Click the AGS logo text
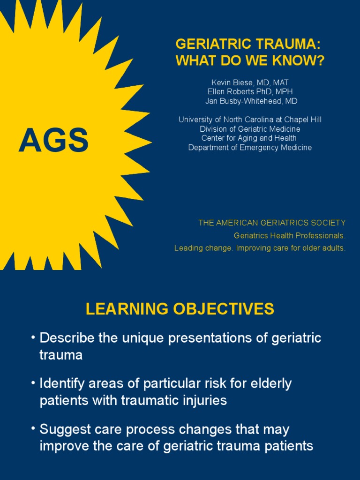[53, 141]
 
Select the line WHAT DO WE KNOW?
[250, 61]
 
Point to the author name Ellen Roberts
[233, 92]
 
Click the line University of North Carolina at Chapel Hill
[250, 120]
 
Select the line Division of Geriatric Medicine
[250, 129]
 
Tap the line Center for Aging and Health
[249, 138]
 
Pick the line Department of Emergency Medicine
[250, 148]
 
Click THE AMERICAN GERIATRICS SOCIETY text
[272, 223]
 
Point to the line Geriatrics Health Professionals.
[290, 235]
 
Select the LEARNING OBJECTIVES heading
[180, 309]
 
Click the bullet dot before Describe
[33, 338]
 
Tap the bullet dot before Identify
[33, 383]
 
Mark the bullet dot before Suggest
[33, 429]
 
